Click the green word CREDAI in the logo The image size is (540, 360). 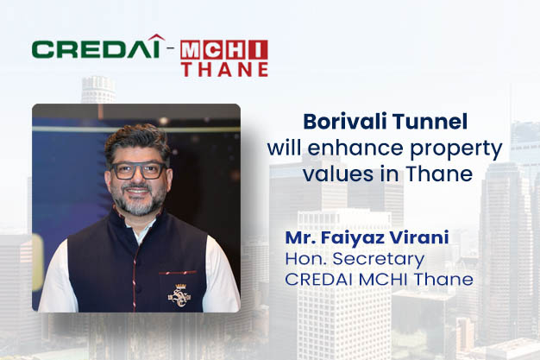point(96,48)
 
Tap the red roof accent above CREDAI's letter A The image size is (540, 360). point(157,37)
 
